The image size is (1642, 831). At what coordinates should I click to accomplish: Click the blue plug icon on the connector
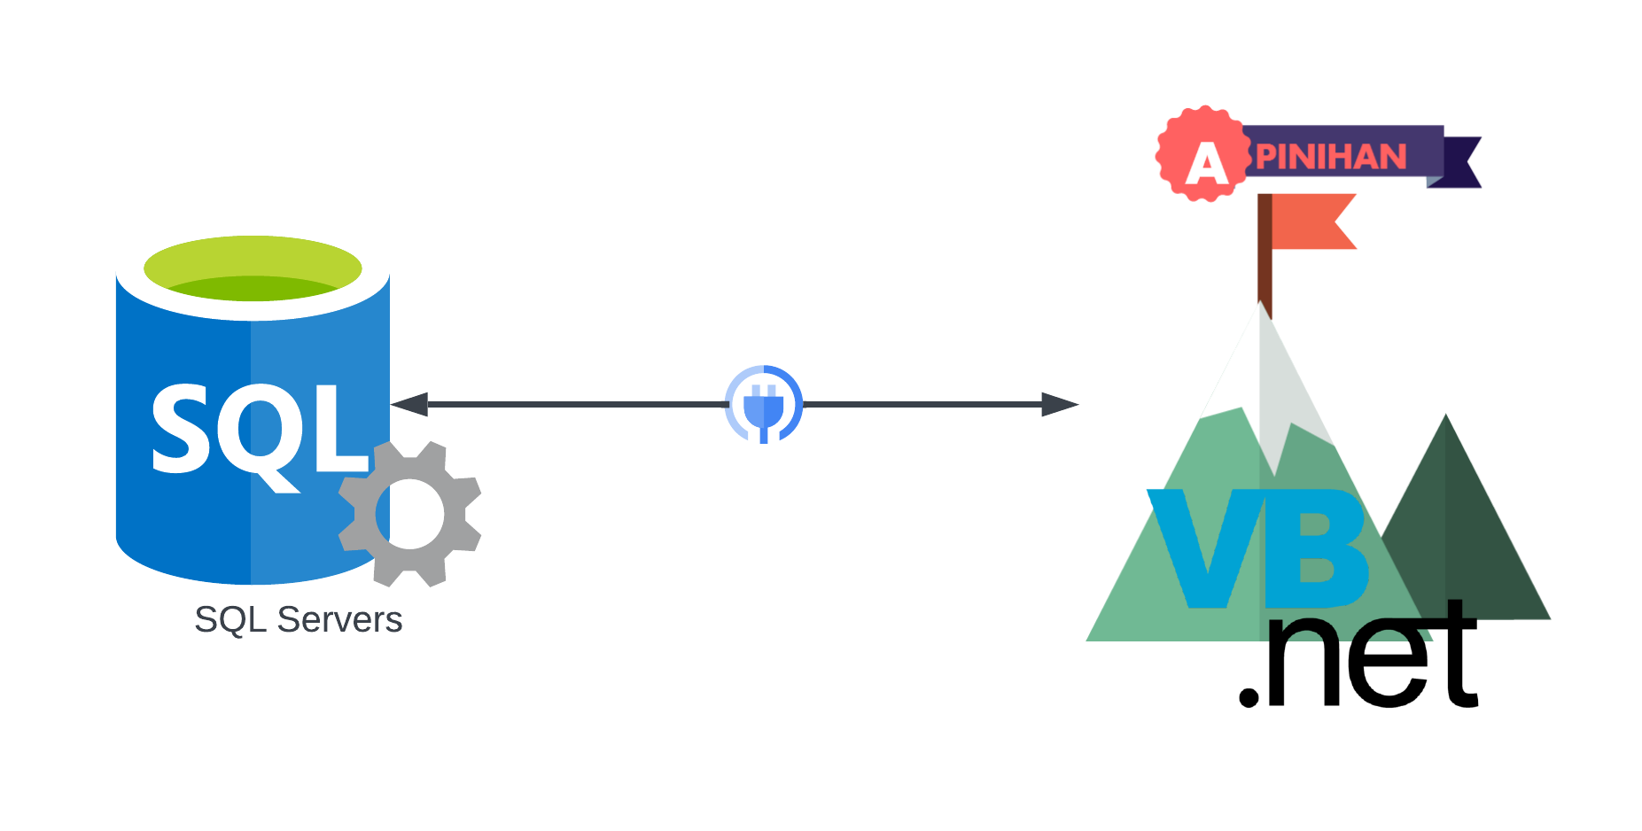[x=763, y=405]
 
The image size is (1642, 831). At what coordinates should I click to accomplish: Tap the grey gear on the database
[x=409, y=514]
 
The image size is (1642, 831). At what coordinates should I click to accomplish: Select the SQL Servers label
[x=298, y=619]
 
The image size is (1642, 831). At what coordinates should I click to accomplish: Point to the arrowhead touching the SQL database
[x=409, y=405]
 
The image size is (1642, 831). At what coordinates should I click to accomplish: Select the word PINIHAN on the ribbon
[x=1331, y=157]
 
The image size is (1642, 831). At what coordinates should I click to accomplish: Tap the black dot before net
[x=1249, y=695]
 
